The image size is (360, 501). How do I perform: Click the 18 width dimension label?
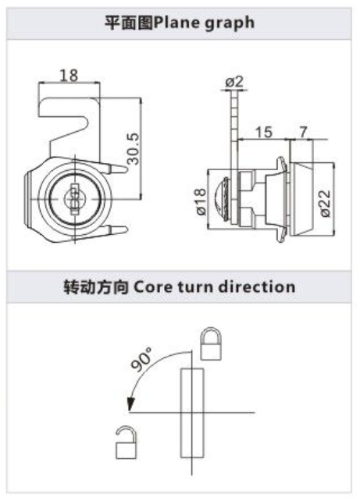[69, 76]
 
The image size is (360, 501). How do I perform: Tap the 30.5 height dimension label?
[134, 149]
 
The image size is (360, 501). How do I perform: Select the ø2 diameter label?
[235, 82]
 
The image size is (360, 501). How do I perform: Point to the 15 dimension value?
[264, 132]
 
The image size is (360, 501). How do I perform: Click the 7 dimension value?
[303, 132]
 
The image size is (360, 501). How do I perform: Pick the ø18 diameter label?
[201, 201]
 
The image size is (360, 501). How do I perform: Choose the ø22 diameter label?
[324, 204]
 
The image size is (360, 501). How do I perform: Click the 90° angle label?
[141, 360]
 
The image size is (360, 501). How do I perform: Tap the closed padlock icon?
[211, 343]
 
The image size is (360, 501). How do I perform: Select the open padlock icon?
[126, 442]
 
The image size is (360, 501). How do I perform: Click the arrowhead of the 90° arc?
[130, 404]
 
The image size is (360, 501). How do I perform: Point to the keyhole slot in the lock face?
[74, 200]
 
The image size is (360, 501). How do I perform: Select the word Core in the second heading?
[152, 286]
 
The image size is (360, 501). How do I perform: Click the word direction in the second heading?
[257, 286]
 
